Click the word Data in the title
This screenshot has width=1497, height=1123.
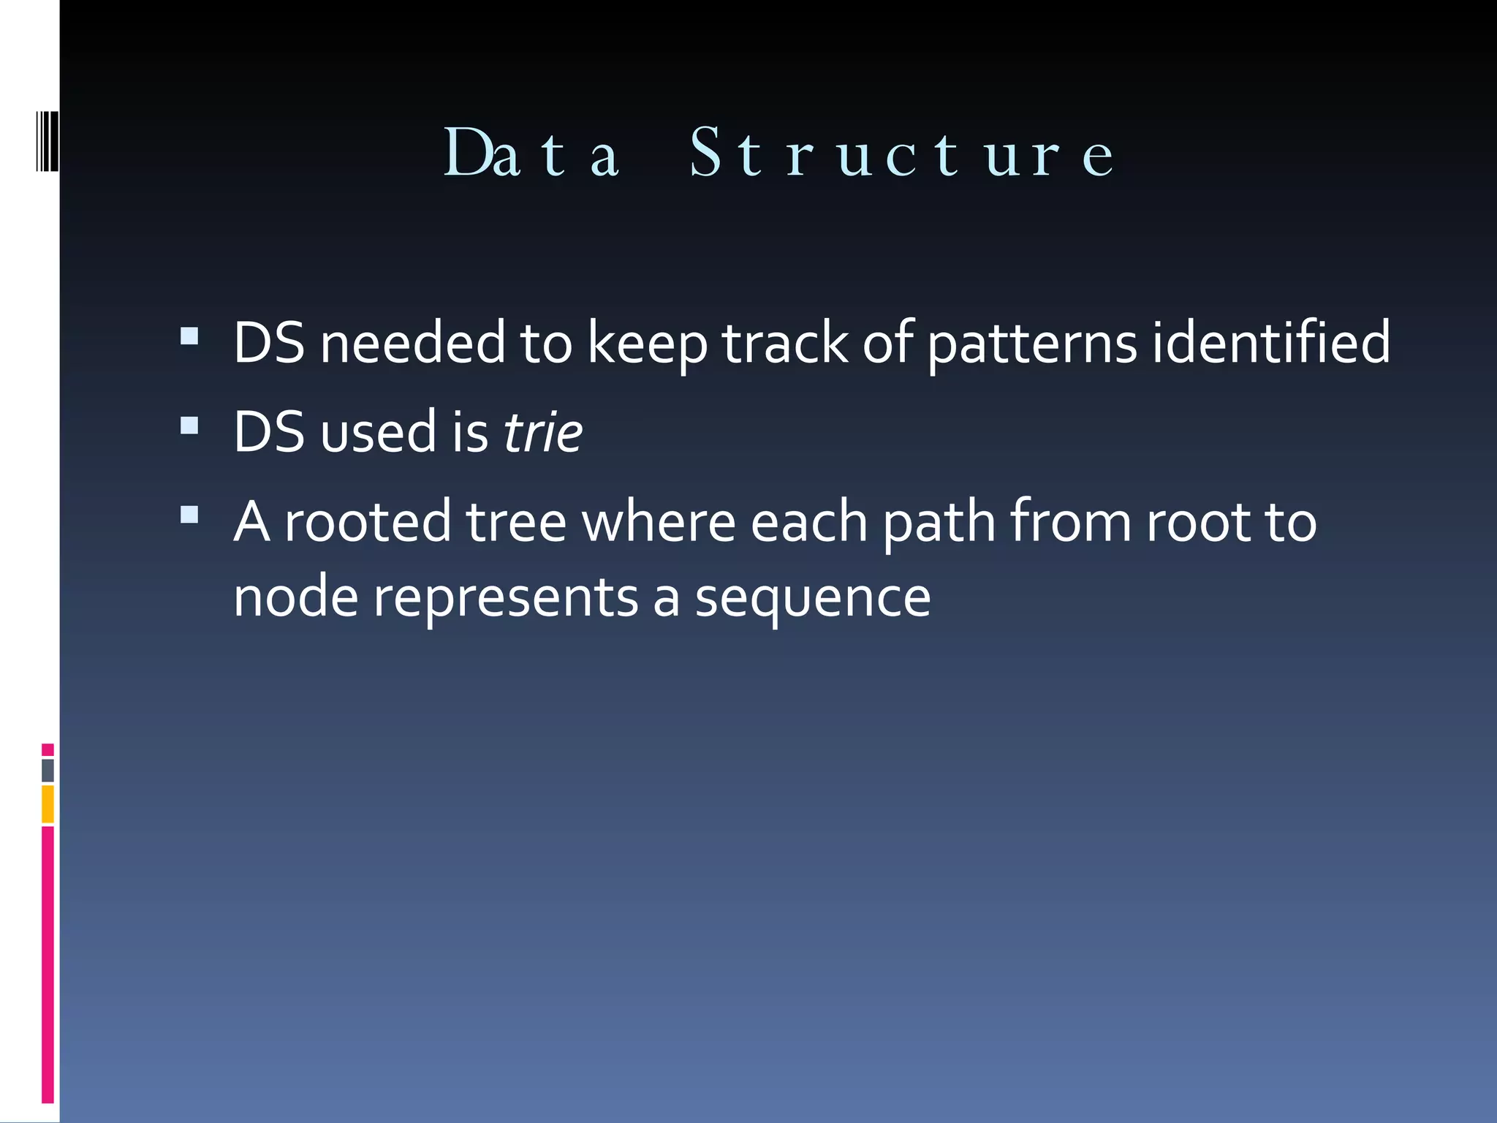click(532, 154)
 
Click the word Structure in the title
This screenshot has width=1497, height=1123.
click(902, 154)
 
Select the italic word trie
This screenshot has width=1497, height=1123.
click(543, 432)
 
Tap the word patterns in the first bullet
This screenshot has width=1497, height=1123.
click(1033, 344)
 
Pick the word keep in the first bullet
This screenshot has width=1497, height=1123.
click(648, 344)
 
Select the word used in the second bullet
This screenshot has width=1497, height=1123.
click(379, 432)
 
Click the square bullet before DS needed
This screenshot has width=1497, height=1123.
click(189, 336)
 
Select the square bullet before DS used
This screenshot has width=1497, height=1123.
click(189, 426)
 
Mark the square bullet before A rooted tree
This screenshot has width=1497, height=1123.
click(189, 515)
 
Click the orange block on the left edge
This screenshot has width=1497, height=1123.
click(48, 804)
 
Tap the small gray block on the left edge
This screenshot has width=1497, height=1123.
click(48, 771)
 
